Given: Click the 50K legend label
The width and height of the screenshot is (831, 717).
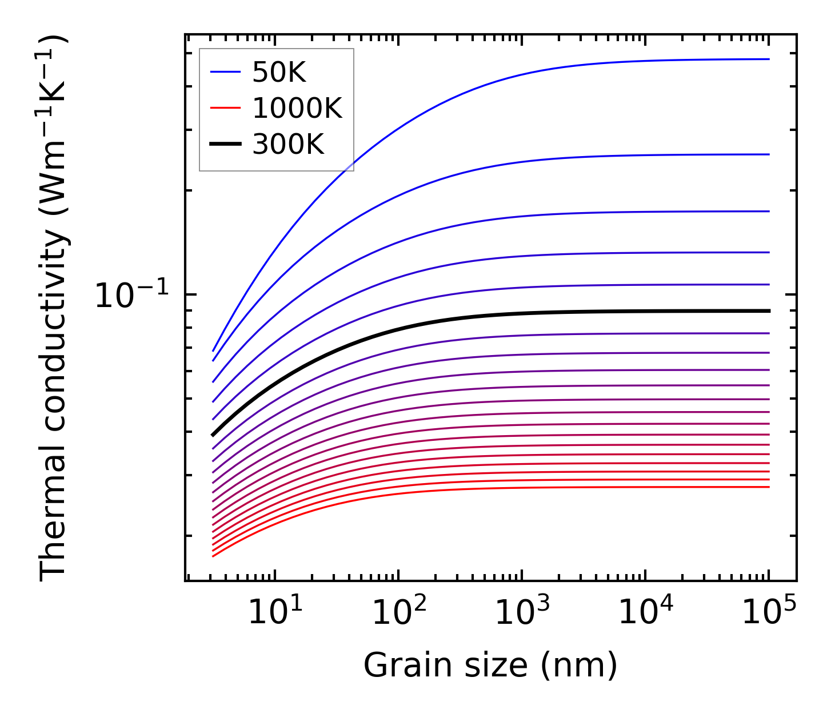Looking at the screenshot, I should pos(279,72).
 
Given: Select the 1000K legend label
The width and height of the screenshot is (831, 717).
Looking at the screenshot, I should pos(297,108).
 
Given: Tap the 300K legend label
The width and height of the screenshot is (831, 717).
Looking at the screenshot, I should pos(288,145).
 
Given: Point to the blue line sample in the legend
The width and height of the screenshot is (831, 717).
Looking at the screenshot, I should pos(226,72).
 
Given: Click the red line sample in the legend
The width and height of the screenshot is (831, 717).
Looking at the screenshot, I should pos(226,108).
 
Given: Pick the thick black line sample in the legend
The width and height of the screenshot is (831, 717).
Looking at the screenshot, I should pos(226,145).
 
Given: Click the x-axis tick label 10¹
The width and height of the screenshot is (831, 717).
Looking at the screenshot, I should pos(275,612).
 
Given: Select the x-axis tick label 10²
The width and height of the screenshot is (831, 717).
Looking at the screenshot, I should pos(398,612).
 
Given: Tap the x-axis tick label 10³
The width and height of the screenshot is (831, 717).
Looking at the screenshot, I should pos(522,612).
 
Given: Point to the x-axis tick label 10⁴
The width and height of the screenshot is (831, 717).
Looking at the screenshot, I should pos(646,612).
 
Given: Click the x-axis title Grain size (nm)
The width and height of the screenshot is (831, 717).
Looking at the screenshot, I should pos(490,666).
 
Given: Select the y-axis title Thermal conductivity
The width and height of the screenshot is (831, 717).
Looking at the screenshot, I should pos(54,309).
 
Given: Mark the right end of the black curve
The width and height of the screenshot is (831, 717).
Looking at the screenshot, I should pos(769,311).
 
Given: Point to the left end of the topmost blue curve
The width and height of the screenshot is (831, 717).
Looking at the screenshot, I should pos(213,350).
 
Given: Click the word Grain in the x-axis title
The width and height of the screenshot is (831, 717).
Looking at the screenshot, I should pos(396,666).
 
